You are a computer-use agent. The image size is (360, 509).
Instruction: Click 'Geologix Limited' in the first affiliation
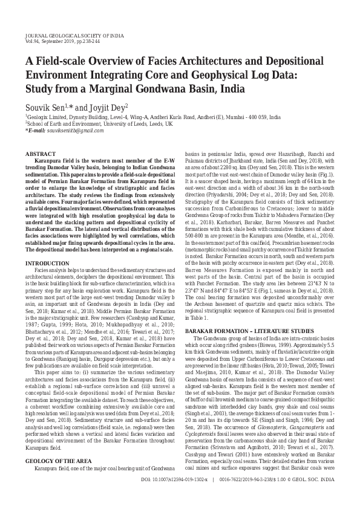(x=44, y=117)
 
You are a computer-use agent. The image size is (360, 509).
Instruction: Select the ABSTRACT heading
(x=39, y=155)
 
